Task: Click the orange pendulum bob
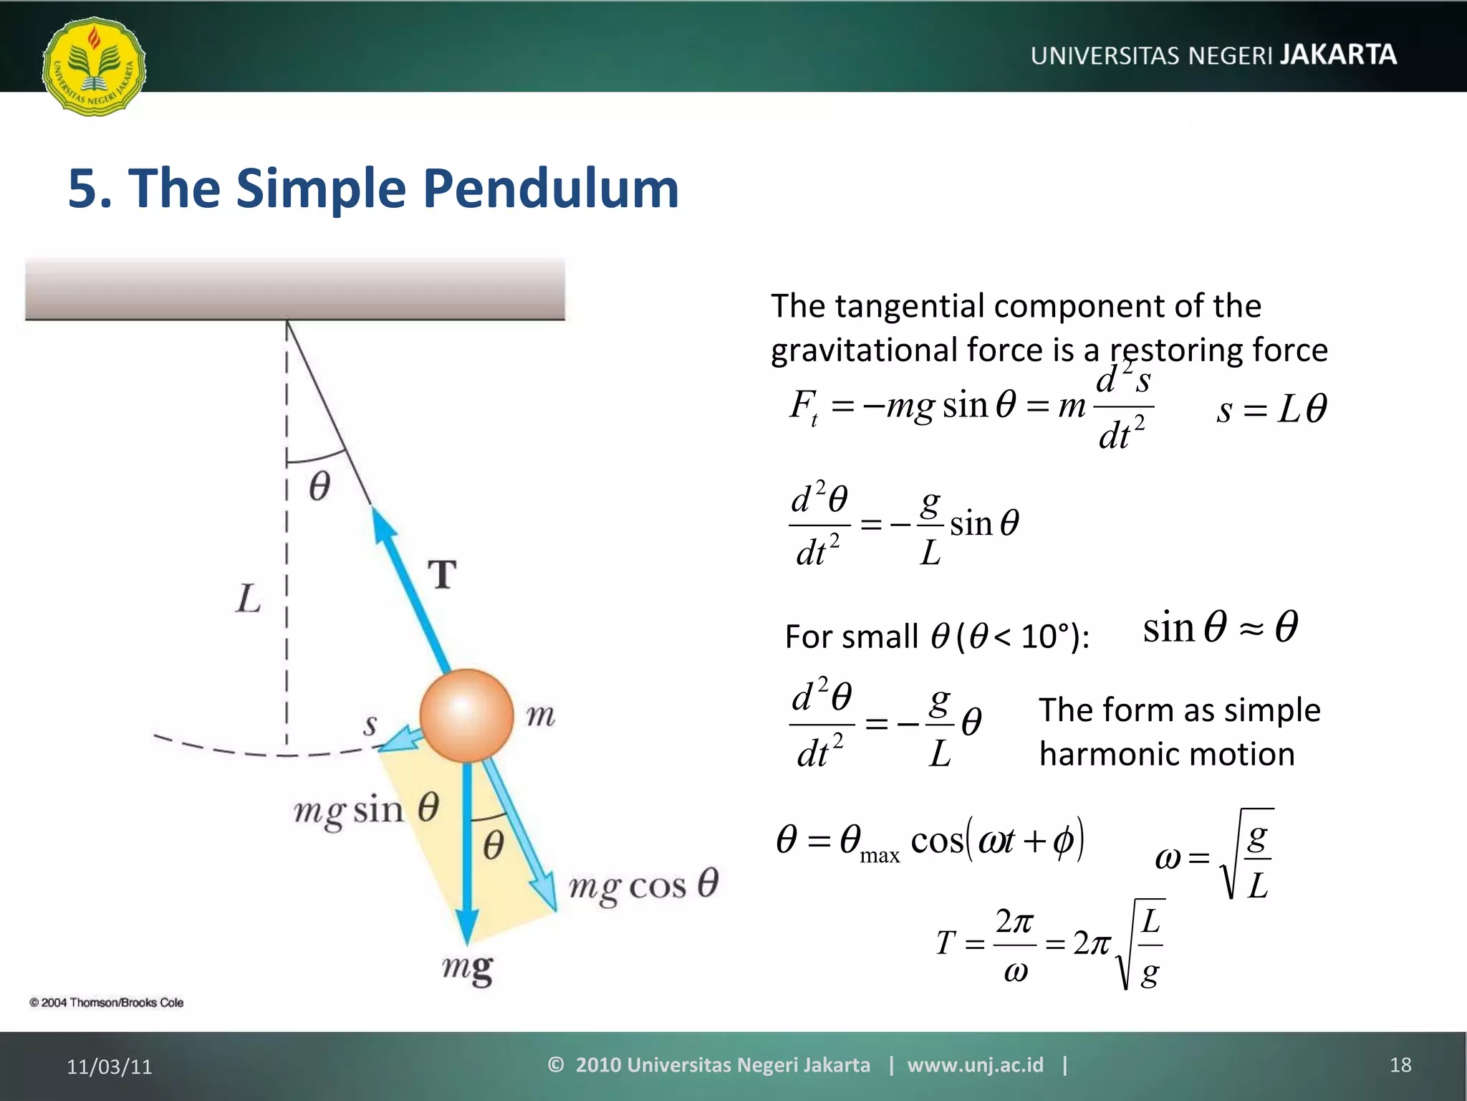coord(466,715)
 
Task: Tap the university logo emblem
coord(94,67)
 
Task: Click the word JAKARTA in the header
coord(1338,55)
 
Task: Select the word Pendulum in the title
coord(550,189)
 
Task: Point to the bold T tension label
coord(443,575)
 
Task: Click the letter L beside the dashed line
coord(248,599)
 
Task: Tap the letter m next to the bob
coord(540,715)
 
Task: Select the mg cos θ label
coord(643,885)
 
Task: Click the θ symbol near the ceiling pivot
coord(319,486)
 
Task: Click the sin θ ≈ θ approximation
coord(1220,627)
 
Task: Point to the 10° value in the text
coord(1049,636)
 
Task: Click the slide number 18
coord(1400,1065)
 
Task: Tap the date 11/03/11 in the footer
coord(110,1067)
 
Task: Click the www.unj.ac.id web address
coord(975,1065)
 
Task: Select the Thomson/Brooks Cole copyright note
coord(107,1003)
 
